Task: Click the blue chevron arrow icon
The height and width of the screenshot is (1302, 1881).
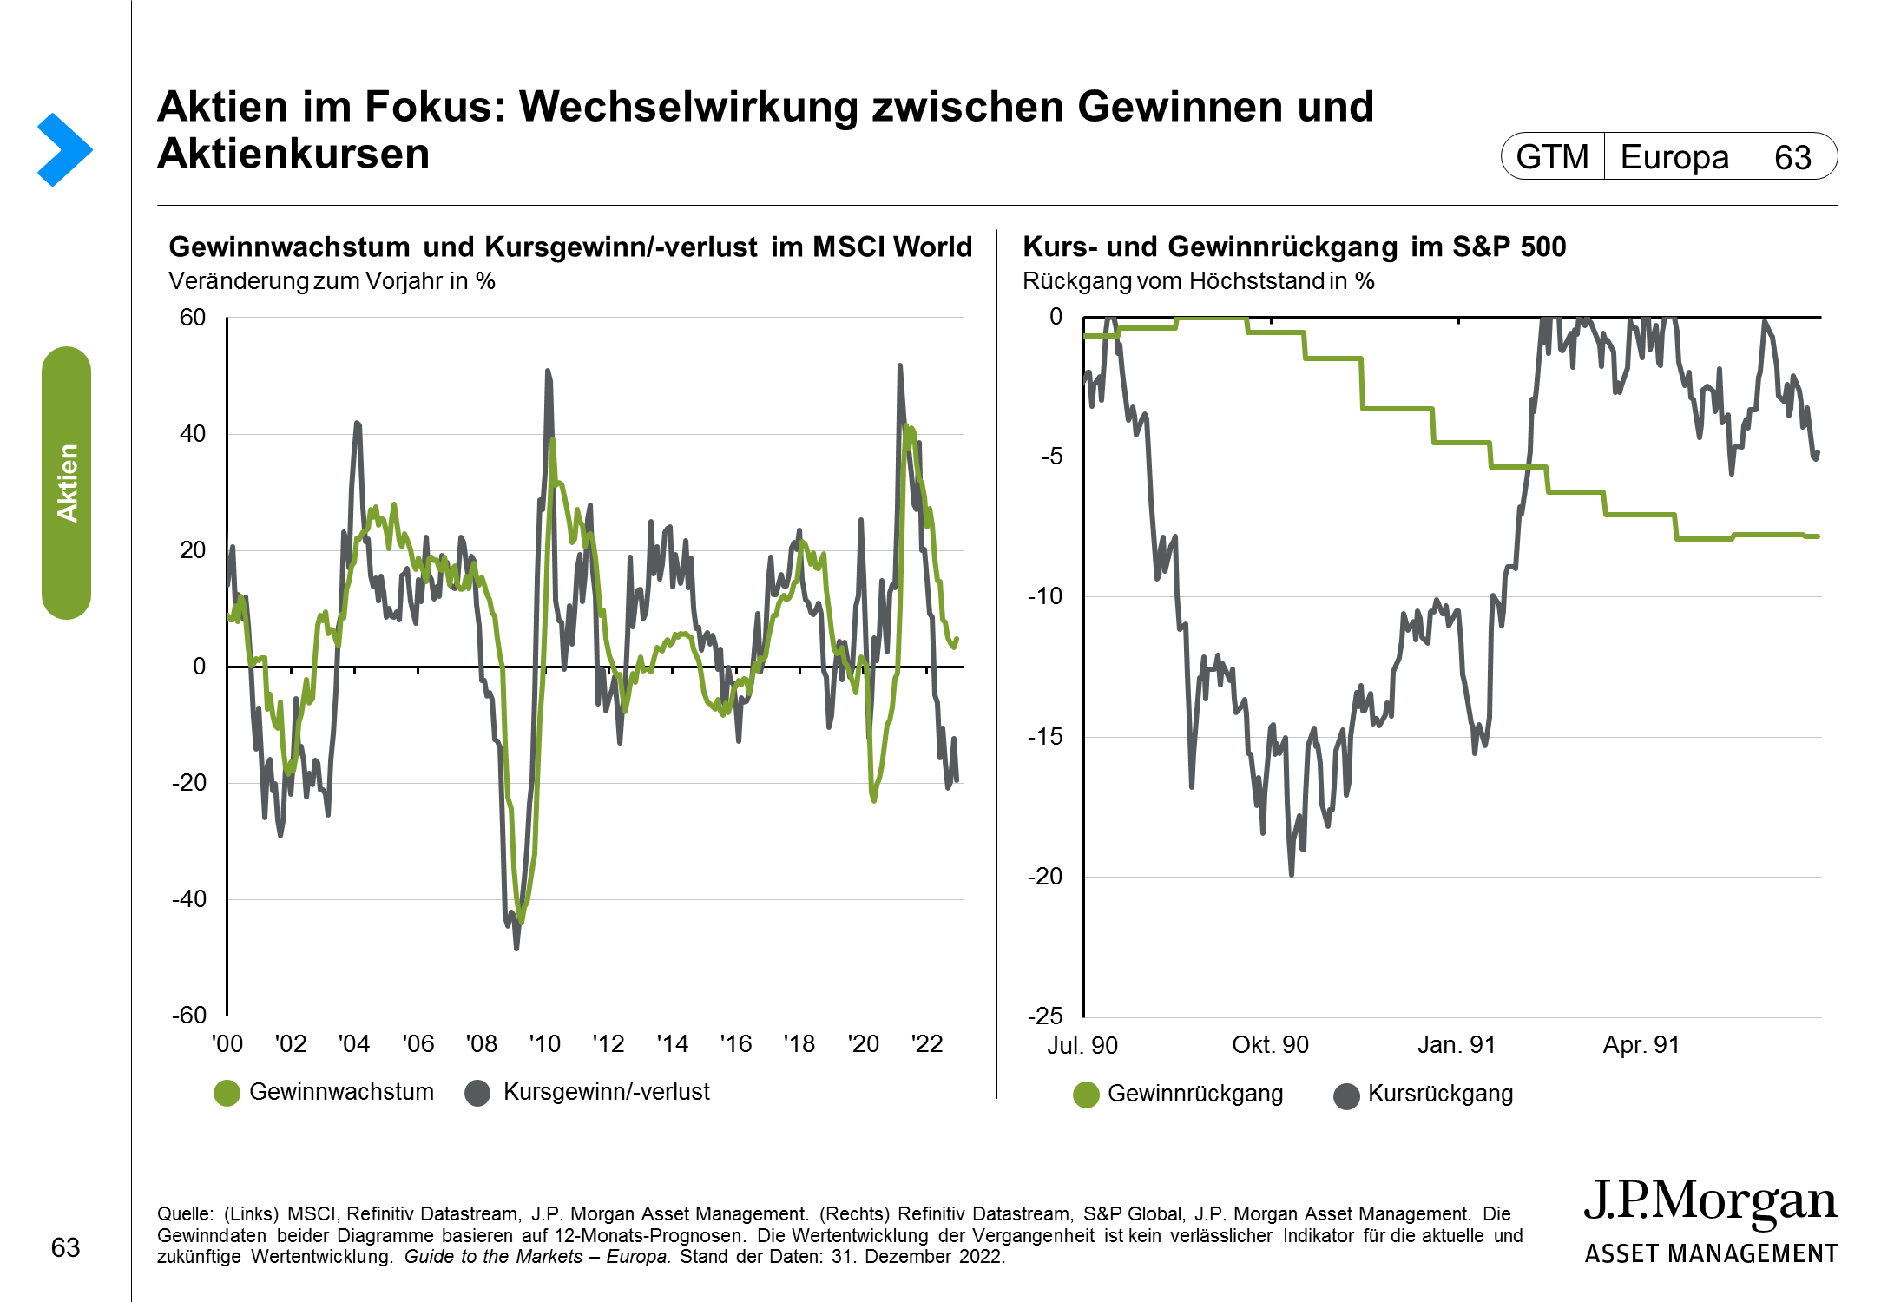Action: [x=64, y=149]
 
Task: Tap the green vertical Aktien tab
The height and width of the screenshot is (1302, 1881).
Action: [x=67, y=483]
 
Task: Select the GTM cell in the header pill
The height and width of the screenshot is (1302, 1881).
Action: [x=1552, y=157]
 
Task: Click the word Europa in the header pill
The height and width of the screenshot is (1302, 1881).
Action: [x=1674, y=157]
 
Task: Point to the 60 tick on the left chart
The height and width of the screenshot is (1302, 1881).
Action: [x=193, y=318]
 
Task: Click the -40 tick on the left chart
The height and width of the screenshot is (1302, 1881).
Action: [x=189, y=899]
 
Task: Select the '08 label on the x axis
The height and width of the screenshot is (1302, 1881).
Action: [x=482, y=1044]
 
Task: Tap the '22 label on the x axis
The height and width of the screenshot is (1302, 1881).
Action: [x=927, y=1044]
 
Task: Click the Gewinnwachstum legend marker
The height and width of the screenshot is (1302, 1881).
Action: [x=227, y=1093]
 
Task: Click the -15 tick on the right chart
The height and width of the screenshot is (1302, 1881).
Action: [x=1045, y=737]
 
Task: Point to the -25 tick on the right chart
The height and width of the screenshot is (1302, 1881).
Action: [x=1045, y=1016]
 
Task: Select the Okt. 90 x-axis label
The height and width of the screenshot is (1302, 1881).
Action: [x=1270, y=1045]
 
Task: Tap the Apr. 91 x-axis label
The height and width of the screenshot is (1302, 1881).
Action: [x=1641, y=1045]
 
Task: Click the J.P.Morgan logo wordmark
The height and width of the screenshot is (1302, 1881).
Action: [x=1710, y=1203]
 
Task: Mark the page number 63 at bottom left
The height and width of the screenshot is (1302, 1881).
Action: [x=66, y=1247]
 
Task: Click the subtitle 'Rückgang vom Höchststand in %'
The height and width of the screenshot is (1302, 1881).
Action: [x=1198, y=281]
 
